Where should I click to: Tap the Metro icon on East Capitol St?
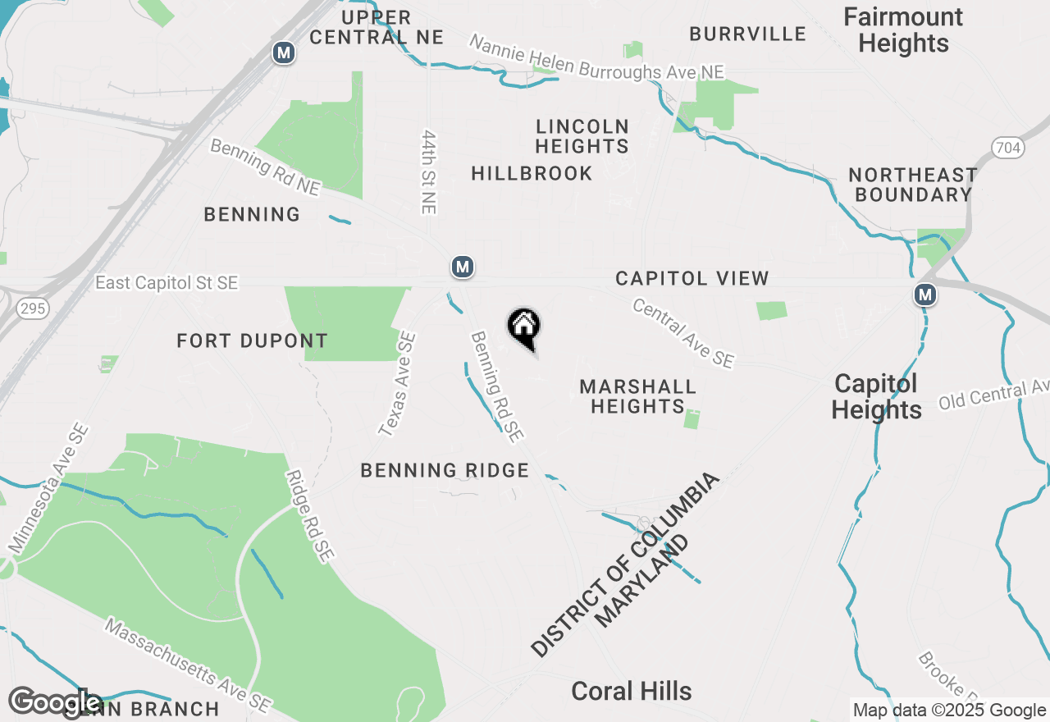(463, 267)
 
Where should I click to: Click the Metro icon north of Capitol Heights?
(925, 294)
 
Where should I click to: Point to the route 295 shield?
(35, 308)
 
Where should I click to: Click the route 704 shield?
(1006, 148)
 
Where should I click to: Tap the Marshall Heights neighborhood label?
(637, 396)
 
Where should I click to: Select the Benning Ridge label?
(445, 470)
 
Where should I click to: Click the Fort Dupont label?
(252, 340)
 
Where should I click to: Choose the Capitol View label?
(692, 279)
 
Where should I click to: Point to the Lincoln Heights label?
(582, 136)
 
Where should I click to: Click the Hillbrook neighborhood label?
(532, 173)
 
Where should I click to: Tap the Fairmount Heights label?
(903, 30)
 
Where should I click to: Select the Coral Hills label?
(631, 691)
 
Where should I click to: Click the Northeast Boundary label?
(912, 185)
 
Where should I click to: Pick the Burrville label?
(747, 34)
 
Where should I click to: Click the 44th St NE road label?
(428, 171)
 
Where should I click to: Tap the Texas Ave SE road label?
(397, 383)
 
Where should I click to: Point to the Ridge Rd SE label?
(309, 516)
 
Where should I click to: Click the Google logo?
(54, 702)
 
